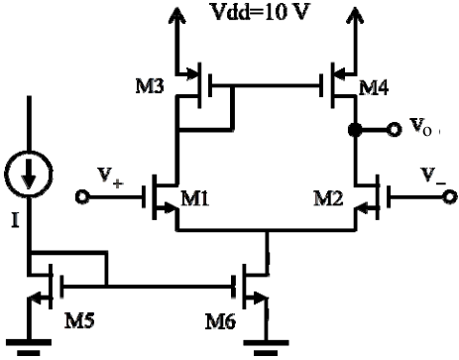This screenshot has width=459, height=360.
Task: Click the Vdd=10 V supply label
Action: tap(261, 13)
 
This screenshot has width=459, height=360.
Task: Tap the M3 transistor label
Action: tap(150, 86)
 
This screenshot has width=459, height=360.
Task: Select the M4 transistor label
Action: tap(374, 88)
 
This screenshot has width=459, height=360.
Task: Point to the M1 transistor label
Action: tap(195, 199)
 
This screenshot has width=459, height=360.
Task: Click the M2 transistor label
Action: tap(328, 199)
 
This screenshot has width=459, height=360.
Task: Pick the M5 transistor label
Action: tap(79, 320)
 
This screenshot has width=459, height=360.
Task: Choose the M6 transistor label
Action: tap(220, 321)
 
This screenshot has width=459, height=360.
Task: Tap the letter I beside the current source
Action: tap(15, 220)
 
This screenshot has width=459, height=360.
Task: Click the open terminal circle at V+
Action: tap(82, 197)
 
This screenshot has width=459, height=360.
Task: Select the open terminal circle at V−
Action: tap(450, 197)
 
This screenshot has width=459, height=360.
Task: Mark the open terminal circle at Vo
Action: tap(394, 129)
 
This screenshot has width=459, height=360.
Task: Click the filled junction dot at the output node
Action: tap(356, 129)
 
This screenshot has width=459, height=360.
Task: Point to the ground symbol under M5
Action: tap(29, 347)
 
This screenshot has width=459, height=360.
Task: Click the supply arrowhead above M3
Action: tap(177, 15)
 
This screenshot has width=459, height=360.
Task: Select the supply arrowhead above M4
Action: tap(356, 15)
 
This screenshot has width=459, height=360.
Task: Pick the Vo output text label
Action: tap(420, 127)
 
